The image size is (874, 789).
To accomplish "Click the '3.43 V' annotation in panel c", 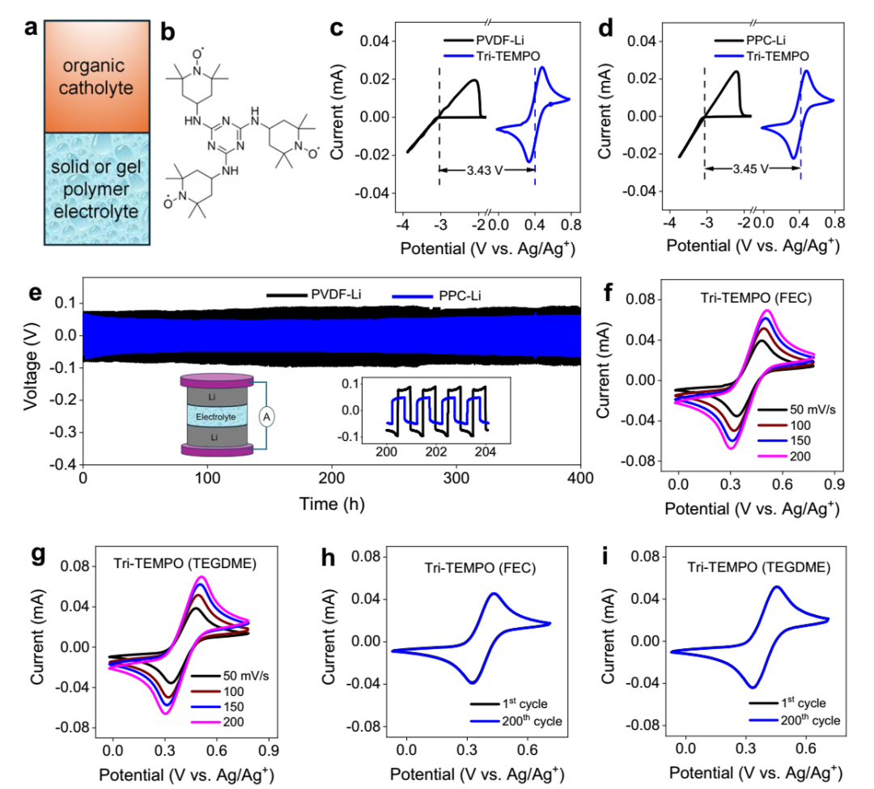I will click(x=486, y=170).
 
